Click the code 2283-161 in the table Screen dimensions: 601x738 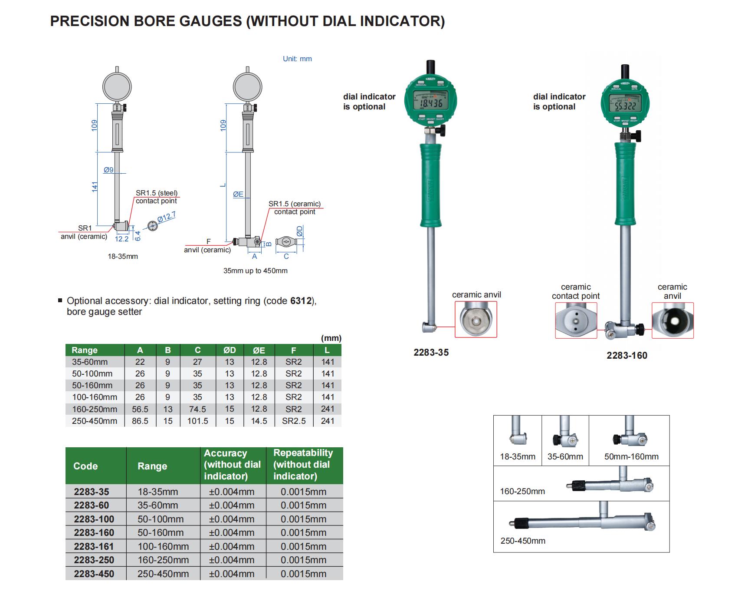(x=94, y=546)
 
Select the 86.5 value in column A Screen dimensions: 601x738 (x=140, y=421)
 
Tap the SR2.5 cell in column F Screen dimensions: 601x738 (x=294, y=421)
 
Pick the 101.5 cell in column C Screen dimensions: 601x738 (x=197, y=421)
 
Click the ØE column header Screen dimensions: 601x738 (x=259, y=350)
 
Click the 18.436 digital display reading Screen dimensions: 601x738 (x=431, y=103)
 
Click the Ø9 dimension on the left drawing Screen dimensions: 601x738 (x=108, y=170)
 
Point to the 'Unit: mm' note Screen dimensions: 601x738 (x=297, y=59)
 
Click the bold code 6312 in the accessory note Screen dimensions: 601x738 (x=301, y=301)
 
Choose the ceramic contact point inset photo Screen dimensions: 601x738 (x=576, y=320)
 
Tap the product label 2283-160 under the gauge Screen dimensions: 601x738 (x=626, y=356)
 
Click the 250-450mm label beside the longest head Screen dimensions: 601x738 (x=523, y=541)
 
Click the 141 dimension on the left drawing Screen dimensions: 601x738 (x=95, y=186)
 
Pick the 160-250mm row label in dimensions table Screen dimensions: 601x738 (x=95, y=409)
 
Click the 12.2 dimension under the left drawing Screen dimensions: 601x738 (x=121, y=239)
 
